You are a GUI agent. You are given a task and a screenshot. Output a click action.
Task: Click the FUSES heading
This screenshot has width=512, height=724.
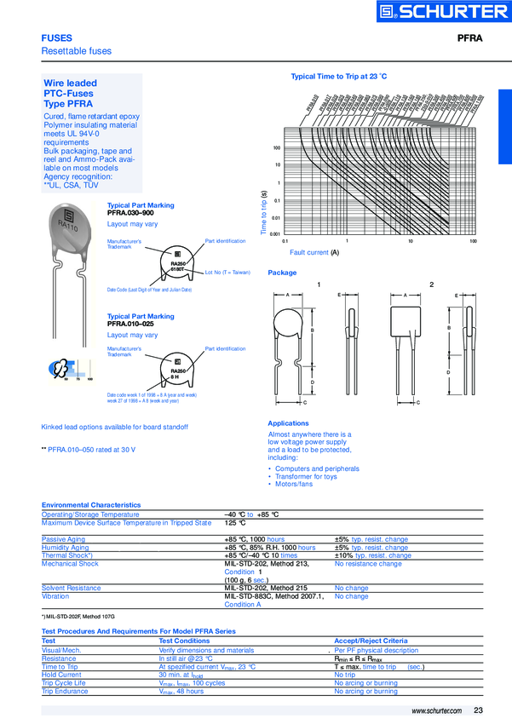57,38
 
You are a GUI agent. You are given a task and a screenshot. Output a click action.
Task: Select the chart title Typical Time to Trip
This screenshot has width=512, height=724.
339,76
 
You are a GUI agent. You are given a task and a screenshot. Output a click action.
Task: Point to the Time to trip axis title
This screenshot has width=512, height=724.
264,212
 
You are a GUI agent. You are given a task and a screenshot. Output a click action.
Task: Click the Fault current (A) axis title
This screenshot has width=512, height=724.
314,253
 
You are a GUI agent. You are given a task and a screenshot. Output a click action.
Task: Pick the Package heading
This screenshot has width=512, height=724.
283,273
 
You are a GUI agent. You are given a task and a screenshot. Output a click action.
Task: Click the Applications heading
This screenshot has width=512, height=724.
288,423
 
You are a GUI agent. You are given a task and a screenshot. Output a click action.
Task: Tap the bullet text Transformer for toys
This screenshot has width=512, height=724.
307,476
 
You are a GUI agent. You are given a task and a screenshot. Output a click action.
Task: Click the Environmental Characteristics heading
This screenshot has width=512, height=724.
91,505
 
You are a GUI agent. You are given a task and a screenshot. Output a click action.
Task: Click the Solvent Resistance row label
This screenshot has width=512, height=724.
72,588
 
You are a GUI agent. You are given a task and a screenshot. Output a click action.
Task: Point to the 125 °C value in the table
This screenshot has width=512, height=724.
236,523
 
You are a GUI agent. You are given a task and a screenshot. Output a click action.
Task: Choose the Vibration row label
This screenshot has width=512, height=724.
56,596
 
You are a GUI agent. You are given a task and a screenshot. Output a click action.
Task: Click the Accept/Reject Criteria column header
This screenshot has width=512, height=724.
371,641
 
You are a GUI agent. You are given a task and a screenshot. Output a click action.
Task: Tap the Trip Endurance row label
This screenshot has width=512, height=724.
65,691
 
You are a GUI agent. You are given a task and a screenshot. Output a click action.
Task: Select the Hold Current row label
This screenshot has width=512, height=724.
60,674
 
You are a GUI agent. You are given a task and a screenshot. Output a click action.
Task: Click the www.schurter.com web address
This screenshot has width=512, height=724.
436,710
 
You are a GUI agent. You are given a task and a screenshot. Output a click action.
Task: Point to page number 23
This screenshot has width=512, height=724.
479,710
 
